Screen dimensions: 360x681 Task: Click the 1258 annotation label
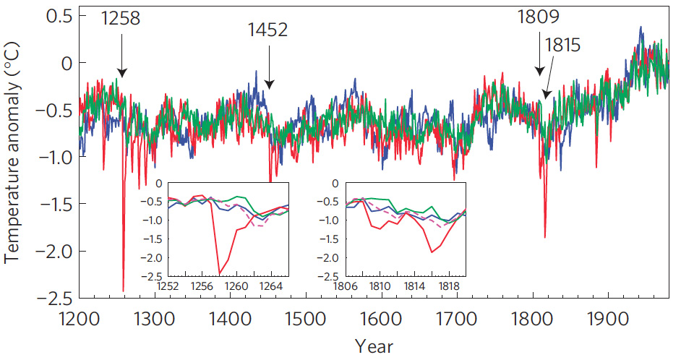tap(121, 18)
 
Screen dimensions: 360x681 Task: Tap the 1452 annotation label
tap(268, 30)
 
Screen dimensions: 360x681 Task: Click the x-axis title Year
tap(374, 346)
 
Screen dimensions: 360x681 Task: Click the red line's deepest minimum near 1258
tap(123, 291)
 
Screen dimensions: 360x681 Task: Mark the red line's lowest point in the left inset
tap(219, 274)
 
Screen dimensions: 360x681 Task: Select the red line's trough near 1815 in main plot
tap(544, 237)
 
